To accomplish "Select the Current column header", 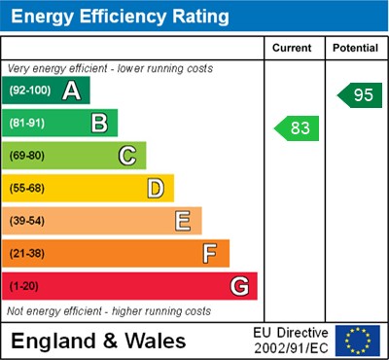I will [293, 48].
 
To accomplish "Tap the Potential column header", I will [355, 48].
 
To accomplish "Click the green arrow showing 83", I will [297, 127].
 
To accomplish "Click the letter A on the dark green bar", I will [71, 90].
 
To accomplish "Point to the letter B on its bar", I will [99, 124].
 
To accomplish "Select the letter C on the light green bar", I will [127, 156].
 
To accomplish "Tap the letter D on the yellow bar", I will [156, 188].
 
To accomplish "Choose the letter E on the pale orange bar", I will [183, 221].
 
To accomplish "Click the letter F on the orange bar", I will [210, 254].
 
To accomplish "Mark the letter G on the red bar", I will [239, 287].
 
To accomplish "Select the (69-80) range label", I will [28, 156].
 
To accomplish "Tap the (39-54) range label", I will [28, 221].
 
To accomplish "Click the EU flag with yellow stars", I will [358, 341].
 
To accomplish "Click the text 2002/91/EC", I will [291, 348].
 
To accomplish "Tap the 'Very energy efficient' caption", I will [109, 69].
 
